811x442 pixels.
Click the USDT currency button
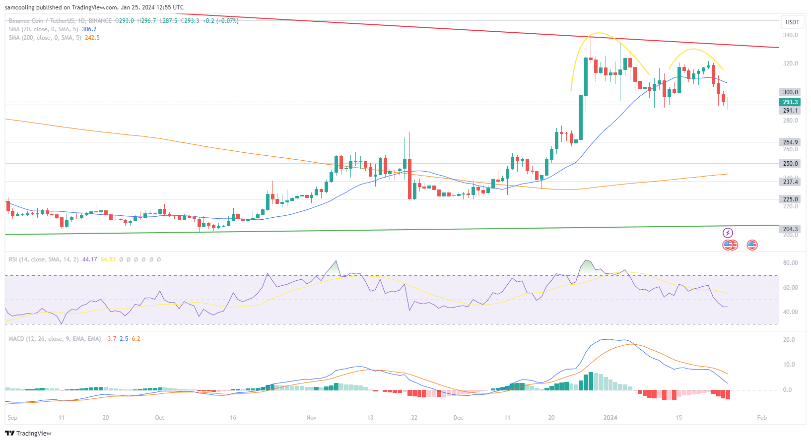click(x=792, y=22)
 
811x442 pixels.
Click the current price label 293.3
click(x=790, y=102)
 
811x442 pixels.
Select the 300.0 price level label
click(x=790, y=92)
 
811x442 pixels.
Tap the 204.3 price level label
click(x=790, y=229)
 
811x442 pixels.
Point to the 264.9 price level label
click(x=790, y=142)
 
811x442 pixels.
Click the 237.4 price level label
click(x=790, y=182)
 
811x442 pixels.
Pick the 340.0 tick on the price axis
click(x=790, y=35)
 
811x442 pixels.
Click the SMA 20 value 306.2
click(x=89, y=29)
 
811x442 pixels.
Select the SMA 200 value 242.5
click(x=92, y=38)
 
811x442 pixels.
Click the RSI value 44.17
click(x=89, y=259)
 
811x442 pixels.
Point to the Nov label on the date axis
click(x=311, y=418)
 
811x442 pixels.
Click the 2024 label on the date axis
click(x=610, y=418)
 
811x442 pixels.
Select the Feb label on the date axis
click(x=762, y=418)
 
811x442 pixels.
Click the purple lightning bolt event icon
click(x=728, y=233)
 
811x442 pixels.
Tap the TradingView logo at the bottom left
click(x=28, y=433)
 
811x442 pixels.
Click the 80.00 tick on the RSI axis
click(x=790, y=263)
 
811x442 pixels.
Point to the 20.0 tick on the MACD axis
click(x=789, y=340)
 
